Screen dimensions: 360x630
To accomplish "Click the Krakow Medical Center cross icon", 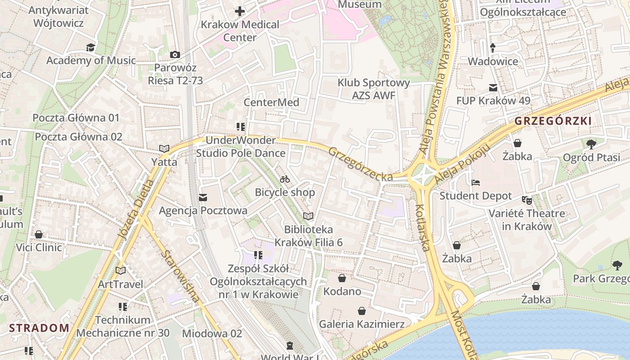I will (x=240, y=11).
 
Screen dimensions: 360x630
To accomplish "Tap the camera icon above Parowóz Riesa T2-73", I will (x=175, y=54).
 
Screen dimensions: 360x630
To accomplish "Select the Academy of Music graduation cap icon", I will (x=91, y=47).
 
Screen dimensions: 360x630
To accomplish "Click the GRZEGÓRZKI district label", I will (x=553, y=121).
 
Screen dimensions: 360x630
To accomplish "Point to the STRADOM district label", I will (x=39, y=328).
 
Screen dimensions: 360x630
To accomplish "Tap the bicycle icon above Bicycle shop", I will (x=285, y=179).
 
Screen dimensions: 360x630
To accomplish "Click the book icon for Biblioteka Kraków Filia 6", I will (x=308, y=216).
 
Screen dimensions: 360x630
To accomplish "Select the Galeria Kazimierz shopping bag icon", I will (x=362, y=311).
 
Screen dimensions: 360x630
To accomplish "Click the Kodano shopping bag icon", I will (x=342, y=278).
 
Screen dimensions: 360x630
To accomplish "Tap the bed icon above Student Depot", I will (x=476, y=183).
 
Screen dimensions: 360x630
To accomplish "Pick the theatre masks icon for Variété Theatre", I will (x=526, y=199).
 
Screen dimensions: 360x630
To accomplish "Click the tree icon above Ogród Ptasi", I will (x=591, y=144).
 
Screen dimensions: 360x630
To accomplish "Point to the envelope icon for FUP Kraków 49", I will (x=493, y=87).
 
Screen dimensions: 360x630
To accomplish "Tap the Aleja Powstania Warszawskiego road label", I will (x=437, y=76).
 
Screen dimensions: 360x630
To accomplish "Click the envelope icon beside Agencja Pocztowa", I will (x=203, y=197).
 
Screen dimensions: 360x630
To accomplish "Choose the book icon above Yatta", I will (x=164, y=148).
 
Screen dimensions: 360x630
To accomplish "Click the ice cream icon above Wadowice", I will (x=493, y=47).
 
